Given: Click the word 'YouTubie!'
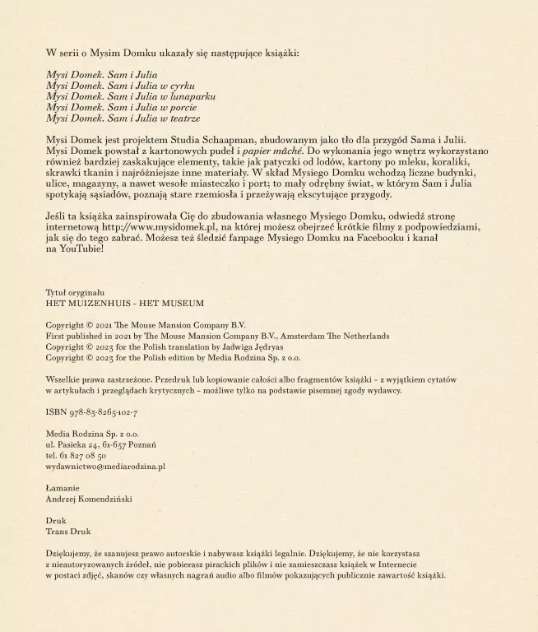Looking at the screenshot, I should point(82,249).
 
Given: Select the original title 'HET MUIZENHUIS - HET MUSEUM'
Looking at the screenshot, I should point(124,303).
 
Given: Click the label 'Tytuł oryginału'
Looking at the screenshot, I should point(75,292).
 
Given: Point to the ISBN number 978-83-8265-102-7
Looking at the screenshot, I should point(102,412).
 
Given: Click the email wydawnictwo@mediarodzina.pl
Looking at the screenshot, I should point(105,467).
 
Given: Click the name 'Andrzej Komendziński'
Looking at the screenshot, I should point(89,500).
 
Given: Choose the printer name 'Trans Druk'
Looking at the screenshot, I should point(68,532).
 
